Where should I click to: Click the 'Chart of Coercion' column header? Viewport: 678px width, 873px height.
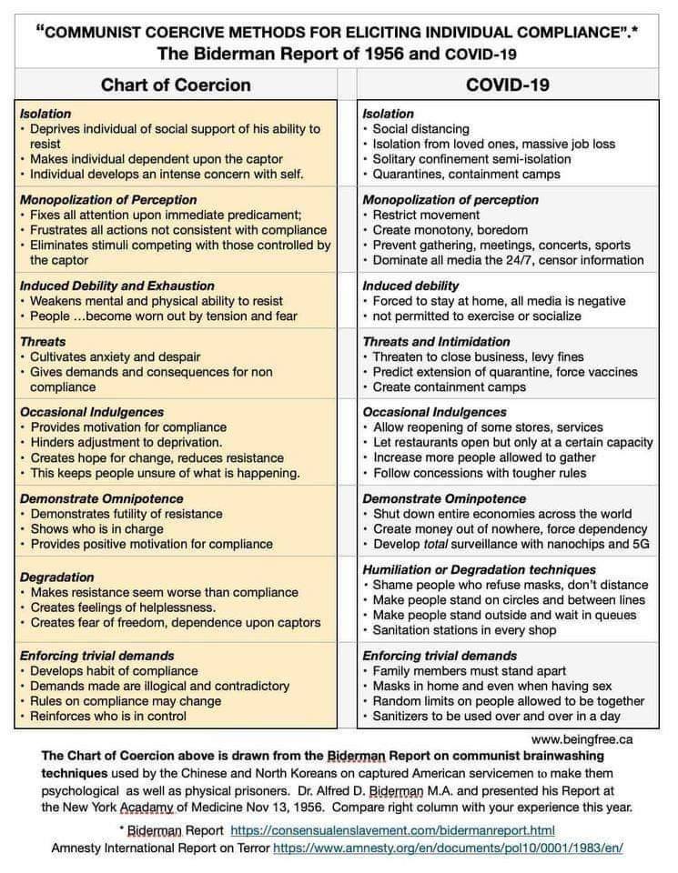[x=176, y=85]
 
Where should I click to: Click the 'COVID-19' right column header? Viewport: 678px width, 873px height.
[x=506, y=85]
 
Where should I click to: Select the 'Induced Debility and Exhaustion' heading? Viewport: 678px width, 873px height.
[x=117, y=286]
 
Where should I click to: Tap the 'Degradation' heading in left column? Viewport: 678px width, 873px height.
[x=56, y=577]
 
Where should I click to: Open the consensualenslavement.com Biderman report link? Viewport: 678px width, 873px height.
[x=392, y=830]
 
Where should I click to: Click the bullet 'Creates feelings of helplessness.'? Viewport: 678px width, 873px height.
[x=123, y=607]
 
